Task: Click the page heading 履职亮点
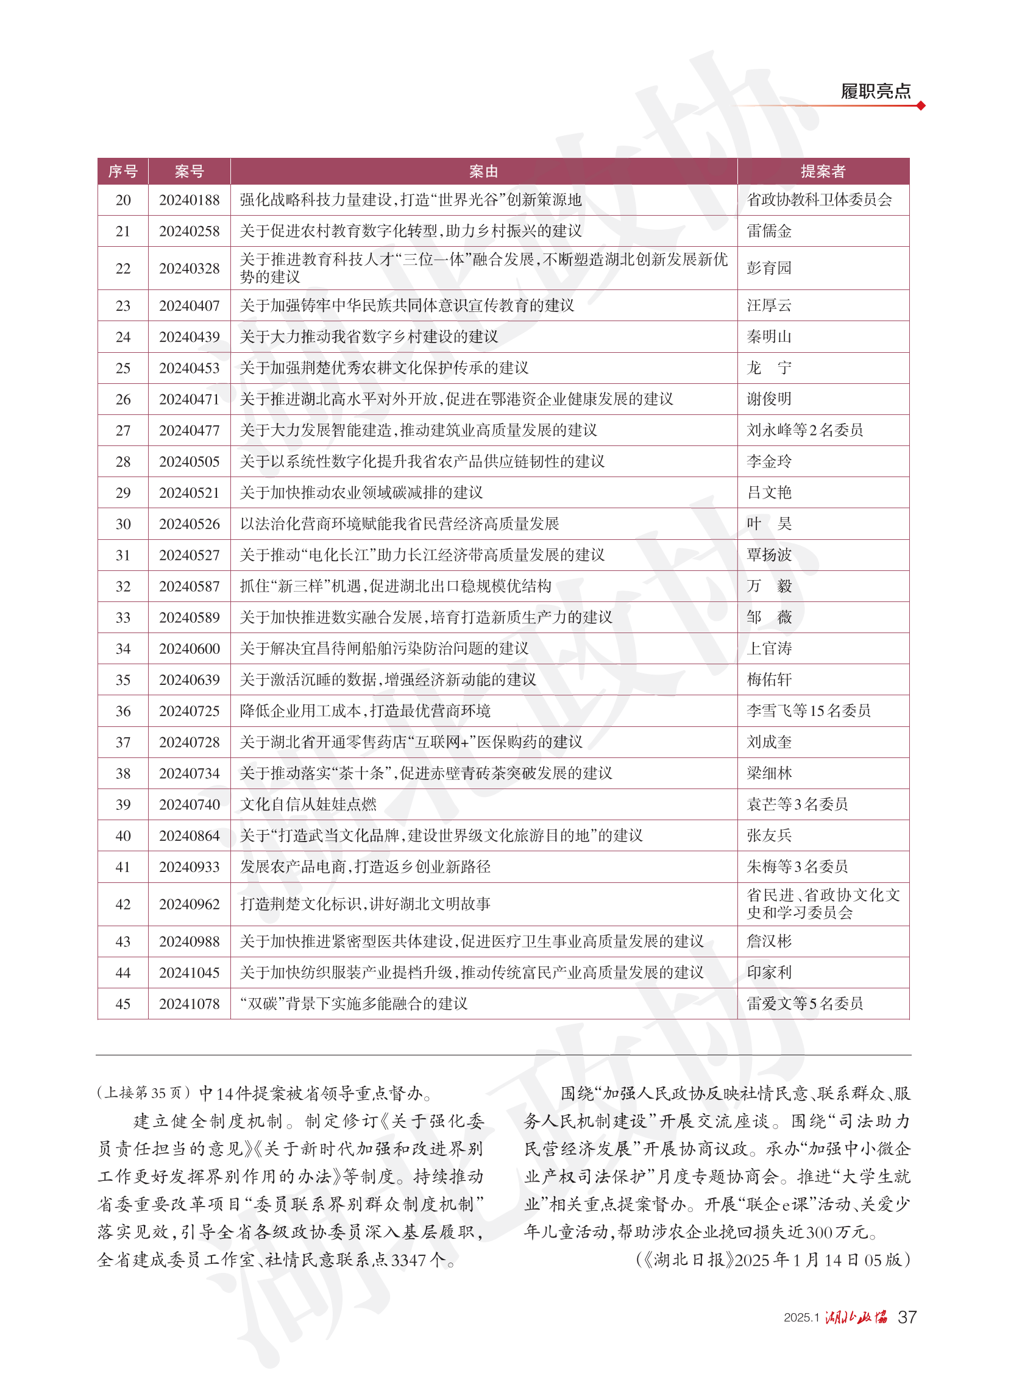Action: point(875,91)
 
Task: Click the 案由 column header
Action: point(483,171)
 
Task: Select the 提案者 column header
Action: point(823,171)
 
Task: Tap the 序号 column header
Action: point(122,171)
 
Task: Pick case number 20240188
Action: point(190,200)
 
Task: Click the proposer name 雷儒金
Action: point(769,232)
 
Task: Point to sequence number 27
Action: point(123,430)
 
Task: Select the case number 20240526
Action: point(190,524)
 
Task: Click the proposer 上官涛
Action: point(769,649)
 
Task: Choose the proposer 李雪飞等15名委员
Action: point(809,711)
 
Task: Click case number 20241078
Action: point(190,1004)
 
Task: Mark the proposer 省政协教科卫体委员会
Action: point(819,200)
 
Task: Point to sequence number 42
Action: point(123,904)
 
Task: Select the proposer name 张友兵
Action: point(769,835)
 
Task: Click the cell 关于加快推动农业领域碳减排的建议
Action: point(361,493)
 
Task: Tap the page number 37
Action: point(907,1317)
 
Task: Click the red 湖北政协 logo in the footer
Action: point(856,1317)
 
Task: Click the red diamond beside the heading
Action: point(921,106)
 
